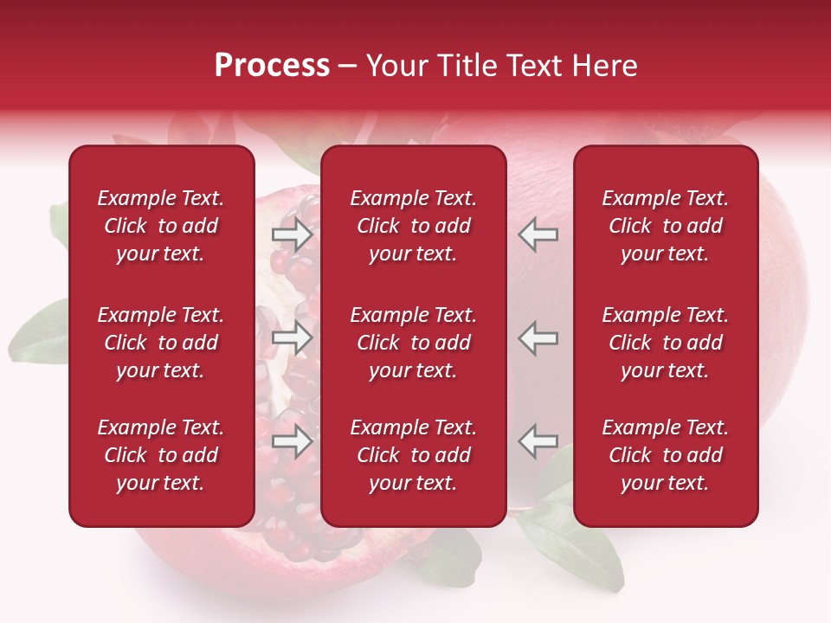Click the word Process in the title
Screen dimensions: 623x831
coord(272,66)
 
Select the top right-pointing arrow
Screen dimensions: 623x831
coord(292,234)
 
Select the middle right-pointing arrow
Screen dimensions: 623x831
coord(292,337)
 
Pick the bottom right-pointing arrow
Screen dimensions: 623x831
coord(292,441)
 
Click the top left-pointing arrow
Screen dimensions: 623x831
coord(538,234)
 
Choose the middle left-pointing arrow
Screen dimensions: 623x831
coord(538,337)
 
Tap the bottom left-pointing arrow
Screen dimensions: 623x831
coord(538,441)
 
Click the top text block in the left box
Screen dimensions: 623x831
coord(161,226)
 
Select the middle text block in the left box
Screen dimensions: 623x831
coord(161,343)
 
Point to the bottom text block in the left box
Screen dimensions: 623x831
coord(161,455)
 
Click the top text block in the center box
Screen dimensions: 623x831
coord(414,226)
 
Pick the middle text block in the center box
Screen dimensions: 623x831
coord(414,343)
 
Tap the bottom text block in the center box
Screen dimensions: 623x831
coord(414,455)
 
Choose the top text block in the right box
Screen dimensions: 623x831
coord(666,226)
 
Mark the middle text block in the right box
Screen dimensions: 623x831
coord(666,343)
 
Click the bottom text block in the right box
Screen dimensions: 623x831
coord(666,455)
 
